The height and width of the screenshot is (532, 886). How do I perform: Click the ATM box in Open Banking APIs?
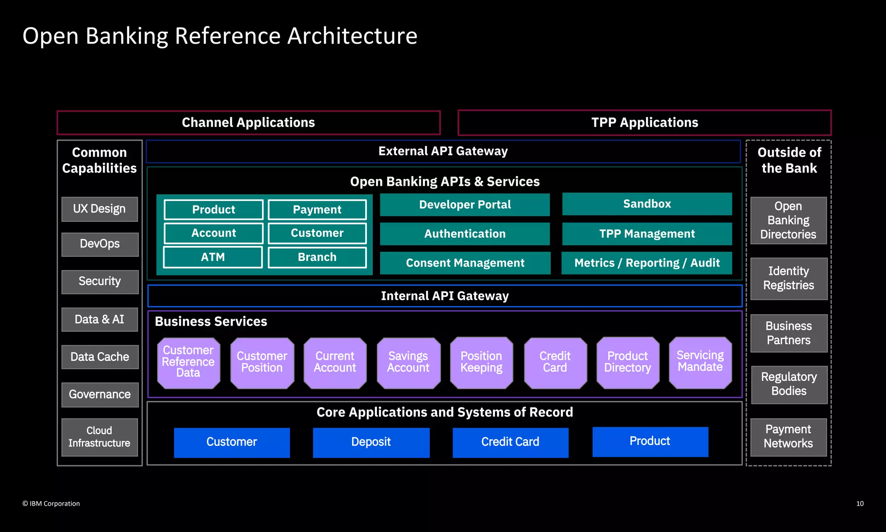(x=213, y=257)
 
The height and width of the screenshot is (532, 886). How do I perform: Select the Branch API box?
(x=317, y=257)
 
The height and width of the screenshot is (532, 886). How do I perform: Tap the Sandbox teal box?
(x=647, y=204)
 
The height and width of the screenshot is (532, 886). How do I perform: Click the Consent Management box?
(x=465, y=263)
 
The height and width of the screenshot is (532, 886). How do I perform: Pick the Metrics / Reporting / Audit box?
(x=647, y=263)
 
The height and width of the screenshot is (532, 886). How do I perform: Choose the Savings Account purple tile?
(x=408, y=363)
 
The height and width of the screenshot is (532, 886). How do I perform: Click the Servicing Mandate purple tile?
(x=700, y=362)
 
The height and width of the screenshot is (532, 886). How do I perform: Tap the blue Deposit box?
(x=371, y=442)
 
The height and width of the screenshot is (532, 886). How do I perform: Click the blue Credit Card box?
(x=510, y=442)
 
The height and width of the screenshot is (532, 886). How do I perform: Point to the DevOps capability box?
(x=100, y=244)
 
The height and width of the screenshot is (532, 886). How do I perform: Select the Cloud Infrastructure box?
(x=100, y=437)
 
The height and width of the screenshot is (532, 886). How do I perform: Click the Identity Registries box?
(x=789, y=278)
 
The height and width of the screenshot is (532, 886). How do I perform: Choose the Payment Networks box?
(x=788, y=437)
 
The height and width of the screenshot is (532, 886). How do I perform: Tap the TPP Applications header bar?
(x=644, y=123)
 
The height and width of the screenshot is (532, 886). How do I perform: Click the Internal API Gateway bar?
(x=445, y=296)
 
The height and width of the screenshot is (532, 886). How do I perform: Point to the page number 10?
(x=860, y=503)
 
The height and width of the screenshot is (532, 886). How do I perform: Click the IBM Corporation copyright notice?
(x=51, y=503)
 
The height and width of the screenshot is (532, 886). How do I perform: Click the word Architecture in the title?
(x=352, y=35)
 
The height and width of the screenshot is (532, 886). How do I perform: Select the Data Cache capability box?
(x=100, y=357)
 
